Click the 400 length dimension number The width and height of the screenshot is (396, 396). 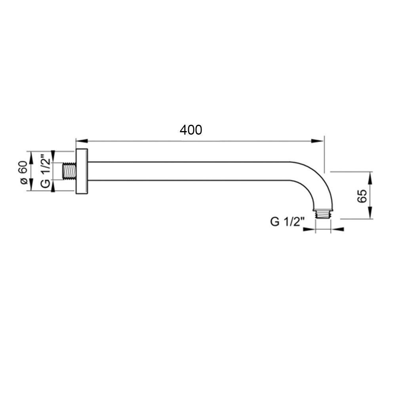point(191,130)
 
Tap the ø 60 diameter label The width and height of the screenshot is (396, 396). point(23,172)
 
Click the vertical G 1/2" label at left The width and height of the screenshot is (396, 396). point(46,172)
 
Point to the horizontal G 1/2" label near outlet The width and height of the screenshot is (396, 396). point(286,222)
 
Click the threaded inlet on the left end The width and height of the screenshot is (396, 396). point(69,171)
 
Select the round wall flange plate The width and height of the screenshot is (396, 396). point(82,171)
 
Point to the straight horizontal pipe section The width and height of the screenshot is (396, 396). point(190,171)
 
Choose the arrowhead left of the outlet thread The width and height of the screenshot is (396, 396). point(310,228)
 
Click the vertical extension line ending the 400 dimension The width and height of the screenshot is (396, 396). point(324,154)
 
